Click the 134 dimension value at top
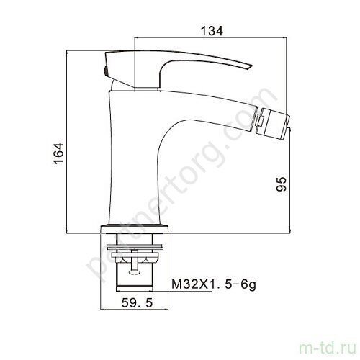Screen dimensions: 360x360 click(x=212, y=31)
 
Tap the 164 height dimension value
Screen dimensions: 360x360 click(x=58, y=153)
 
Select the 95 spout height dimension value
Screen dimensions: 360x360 click(x=282, y=184)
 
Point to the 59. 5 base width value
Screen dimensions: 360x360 click(x=137, y=302)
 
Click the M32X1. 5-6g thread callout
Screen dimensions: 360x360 click(x=214, y=284)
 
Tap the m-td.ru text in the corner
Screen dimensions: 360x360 click(x=328, y=348)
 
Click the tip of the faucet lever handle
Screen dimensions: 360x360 click(x=251, y=66)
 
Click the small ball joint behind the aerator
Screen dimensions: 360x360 click(x=259, y=120)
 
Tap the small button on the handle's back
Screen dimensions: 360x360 click(x=105, y=71)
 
